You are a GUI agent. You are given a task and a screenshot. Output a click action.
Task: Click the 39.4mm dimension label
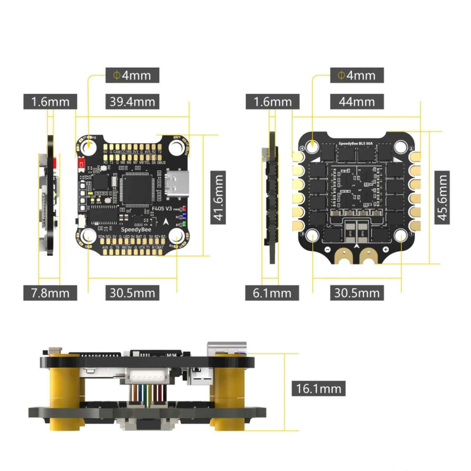132,102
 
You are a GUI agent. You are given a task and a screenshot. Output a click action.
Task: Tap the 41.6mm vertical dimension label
218,198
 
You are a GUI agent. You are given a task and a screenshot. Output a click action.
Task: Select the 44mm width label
357,102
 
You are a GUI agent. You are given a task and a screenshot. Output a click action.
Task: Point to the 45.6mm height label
442,198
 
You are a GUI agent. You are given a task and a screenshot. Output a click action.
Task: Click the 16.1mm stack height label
318,388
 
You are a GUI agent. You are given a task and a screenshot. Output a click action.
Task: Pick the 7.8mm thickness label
50,293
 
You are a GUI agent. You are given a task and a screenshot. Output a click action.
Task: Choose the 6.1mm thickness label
272,293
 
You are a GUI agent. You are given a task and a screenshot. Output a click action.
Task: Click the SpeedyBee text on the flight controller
136,230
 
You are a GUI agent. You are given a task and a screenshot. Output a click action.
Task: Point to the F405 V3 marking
162,208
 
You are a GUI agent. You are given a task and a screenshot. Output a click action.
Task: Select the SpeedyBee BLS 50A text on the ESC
355,143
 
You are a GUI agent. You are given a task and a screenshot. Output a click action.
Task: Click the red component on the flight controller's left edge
82,163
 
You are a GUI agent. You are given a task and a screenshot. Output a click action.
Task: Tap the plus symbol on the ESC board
386,249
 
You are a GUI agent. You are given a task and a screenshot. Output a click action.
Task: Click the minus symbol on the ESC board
328,250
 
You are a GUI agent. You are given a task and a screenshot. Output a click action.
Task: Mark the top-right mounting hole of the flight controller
176,147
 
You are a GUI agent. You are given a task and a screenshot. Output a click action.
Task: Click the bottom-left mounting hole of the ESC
312,235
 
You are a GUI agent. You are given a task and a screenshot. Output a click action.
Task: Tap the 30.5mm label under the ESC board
357,293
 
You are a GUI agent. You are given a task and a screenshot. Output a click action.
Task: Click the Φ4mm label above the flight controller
132,75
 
